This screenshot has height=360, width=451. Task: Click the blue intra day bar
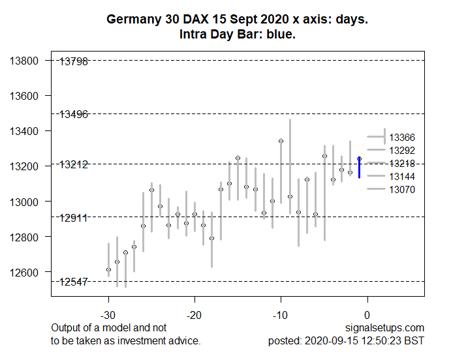(x=359, y=168)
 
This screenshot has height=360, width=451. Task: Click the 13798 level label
(x=74, y=62)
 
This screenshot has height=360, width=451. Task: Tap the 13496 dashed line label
(x=74, y=115)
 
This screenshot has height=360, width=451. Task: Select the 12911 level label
(x=74, y=218)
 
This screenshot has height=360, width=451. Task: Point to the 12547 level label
(x=74, y=282)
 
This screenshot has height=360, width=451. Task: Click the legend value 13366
(x=402, y=138)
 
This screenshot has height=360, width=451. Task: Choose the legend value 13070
(x=402, y=190)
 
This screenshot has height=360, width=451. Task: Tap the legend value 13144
(x=402, y=177)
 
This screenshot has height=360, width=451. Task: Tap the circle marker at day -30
(x=108, y=269)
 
